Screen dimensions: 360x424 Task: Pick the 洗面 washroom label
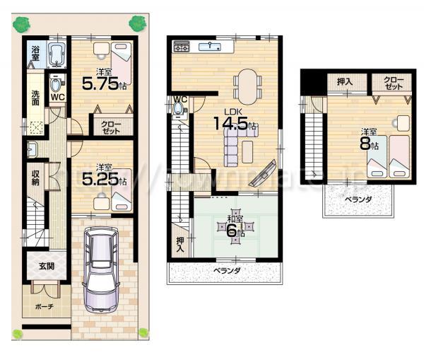(35, 99)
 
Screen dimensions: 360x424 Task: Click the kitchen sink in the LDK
(211, 47)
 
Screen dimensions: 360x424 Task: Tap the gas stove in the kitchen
(180, 47)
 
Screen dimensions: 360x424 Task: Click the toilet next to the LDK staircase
(177, 108)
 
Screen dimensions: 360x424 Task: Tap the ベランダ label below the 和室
(227, 270)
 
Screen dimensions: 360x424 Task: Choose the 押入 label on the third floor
(344, 82)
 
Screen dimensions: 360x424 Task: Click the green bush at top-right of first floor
(135, 23)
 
